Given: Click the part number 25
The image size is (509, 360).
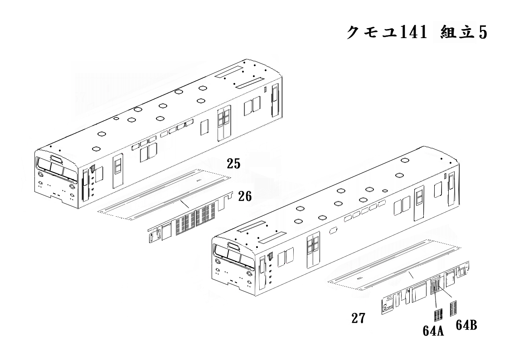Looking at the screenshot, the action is click(x=233, y=164).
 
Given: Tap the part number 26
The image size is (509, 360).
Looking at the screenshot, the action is click(x=245, y=196).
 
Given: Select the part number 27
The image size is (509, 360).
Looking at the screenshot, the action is click(x=359, y=318).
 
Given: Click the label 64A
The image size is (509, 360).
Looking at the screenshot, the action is click(x=433, y=331).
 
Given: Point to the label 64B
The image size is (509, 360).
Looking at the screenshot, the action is click(x=466, y=325).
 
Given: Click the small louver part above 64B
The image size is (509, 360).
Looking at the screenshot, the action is click(x=454, y=308).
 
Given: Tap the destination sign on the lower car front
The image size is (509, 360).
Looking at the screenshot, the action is click(x=233, y=245).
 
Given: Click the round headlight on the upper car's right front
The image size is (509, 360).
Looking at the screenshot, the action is click(x=72, y=187).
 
